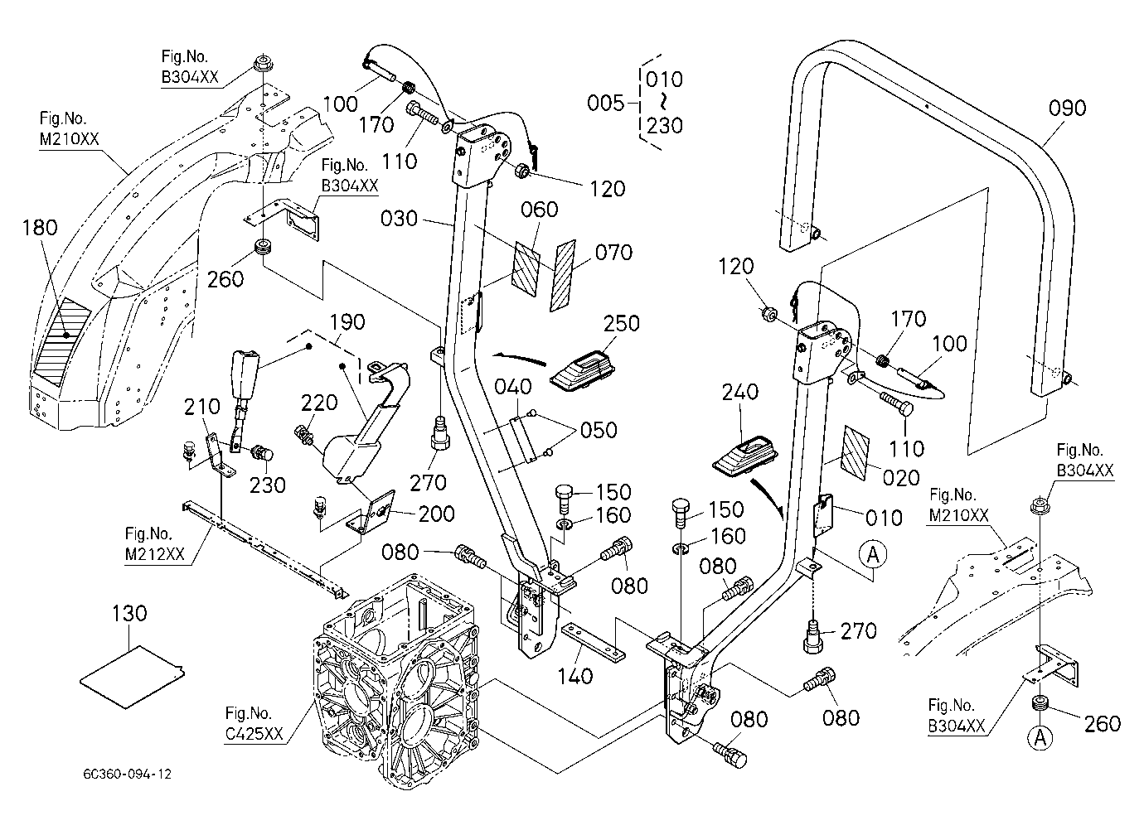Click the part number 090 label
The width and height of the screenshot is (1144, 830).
1067,109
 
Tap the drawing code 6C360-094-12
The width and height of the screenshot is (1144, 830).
127,775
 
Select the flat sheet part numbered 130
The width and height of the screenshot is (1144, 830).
132,677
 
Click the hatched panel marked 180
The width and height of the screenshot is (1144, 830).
62,341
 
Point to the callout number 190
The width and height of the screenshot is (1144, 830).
347,322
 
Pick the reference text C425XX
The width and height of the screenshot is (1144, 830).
254,734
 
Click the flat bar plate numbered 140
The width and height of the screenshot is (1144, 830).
593,642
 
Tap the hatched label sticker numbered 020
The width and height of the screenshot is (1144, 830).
855,453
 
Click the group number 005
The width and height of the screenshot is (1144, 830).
605,103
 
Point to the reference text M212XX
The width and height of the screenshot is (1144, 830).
155,554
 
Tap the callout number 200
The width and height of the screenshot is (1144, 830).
436,514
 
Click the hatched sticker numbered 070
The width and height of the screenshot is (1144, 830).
563,276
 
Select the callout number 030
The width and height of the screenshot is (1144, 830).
399,219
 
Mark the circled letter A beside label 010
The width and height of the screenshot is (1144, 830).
873,553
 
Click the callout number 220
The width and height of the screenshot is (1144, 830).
319,403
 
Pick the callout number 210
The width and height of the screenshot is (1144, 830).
201,407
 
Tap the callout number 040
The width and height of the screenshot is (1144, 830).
513,387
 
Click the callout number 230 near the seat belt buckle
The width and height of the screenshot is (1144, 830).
267,485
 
